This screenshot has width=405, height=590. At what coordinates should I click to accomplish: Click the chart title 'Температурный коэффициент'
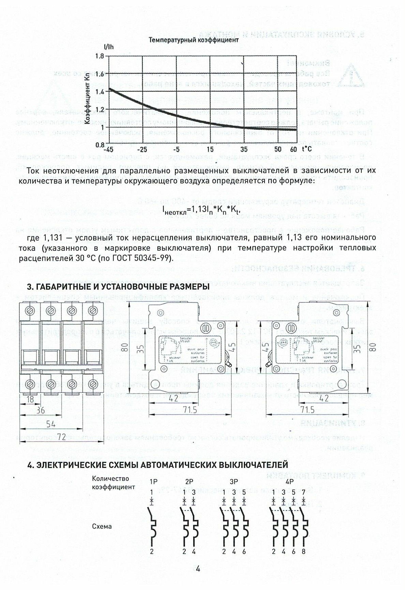click(193, 40)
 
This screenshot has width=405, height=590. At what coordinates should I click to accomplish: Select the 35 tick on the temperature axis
click(243, 149)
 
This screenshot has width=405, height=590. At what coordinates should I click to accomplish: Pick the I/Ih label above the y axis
click(108, 47)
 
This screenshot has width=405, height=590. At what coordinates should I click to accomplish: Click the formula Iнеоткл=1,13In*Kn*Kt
click(203, 209)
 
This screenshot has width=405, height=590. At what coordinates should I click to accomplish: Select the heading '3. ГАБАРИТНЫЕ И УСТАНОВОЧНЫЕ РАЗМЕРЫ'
click(118, 287)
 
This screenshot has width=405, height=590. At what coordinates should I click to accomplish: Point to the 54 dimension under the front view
click(51, 424)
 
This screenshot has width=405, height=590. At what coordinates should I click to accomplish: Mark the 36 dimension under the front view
click(40, 410)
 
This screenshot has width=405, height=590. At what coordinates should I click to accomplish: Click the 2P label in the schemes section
click(189, 482)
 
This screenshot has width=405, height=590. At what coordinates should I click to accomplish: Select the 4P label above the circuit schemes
click(289, 482)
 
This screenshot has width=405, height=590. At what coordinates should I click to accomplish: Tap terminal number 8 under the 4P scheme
click(303, 551)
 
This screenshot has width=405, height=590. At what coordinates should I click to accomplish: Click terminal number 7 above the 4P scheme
click(303, 492)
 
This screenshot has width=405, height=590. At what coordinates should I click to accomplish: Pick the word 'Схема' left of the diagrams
click(102, 526)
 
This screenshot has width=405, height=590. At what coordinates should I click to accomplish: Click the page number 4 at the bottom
click(198, 569)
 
